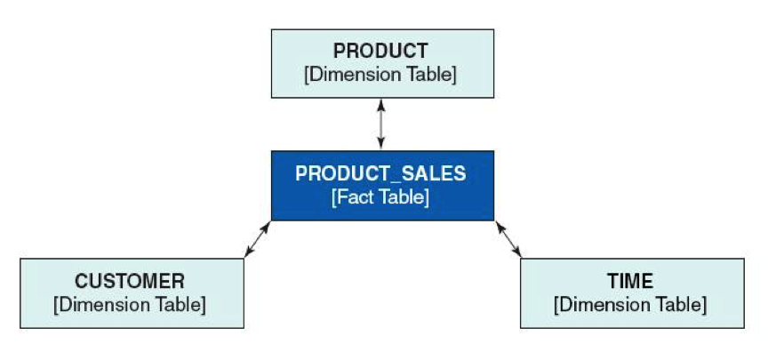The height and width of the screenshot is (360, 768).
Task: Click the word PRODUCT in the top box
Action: [x=380, y=52]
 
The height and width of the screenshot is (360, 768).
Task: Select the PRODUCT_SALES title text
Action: [x=380, y=173]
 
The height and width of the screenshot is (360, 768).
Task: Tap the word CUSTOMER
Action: [x=130, y=282]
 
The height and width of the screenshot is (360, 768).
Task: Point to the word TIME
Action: [x=630, y=282]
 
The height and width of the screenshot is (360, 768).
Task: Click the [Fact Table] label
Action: [x=380, y=196]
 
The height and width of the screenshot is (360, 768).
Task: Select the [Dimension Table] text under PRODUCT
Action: [x=380, y=74]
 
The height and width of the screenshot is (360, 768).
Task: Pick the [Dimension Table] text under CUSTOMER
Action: [x=130, y=305]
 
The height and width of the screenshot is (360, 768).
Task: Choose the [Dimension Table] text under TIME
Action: [x=630, y=305]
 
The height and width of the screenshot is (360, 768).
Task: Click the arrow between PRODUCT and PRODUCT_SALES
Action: [x=381, y=124]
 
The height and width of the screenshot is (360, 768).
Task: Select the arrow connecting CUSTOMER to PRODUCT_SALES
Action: [x=258, y=240]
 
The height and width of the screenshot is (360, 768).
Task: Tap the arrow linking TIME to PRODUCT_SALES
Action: [x=508, y=240]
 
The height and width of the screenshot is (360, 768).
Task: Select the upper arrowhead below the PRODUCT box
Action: [x=381, y=104]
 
